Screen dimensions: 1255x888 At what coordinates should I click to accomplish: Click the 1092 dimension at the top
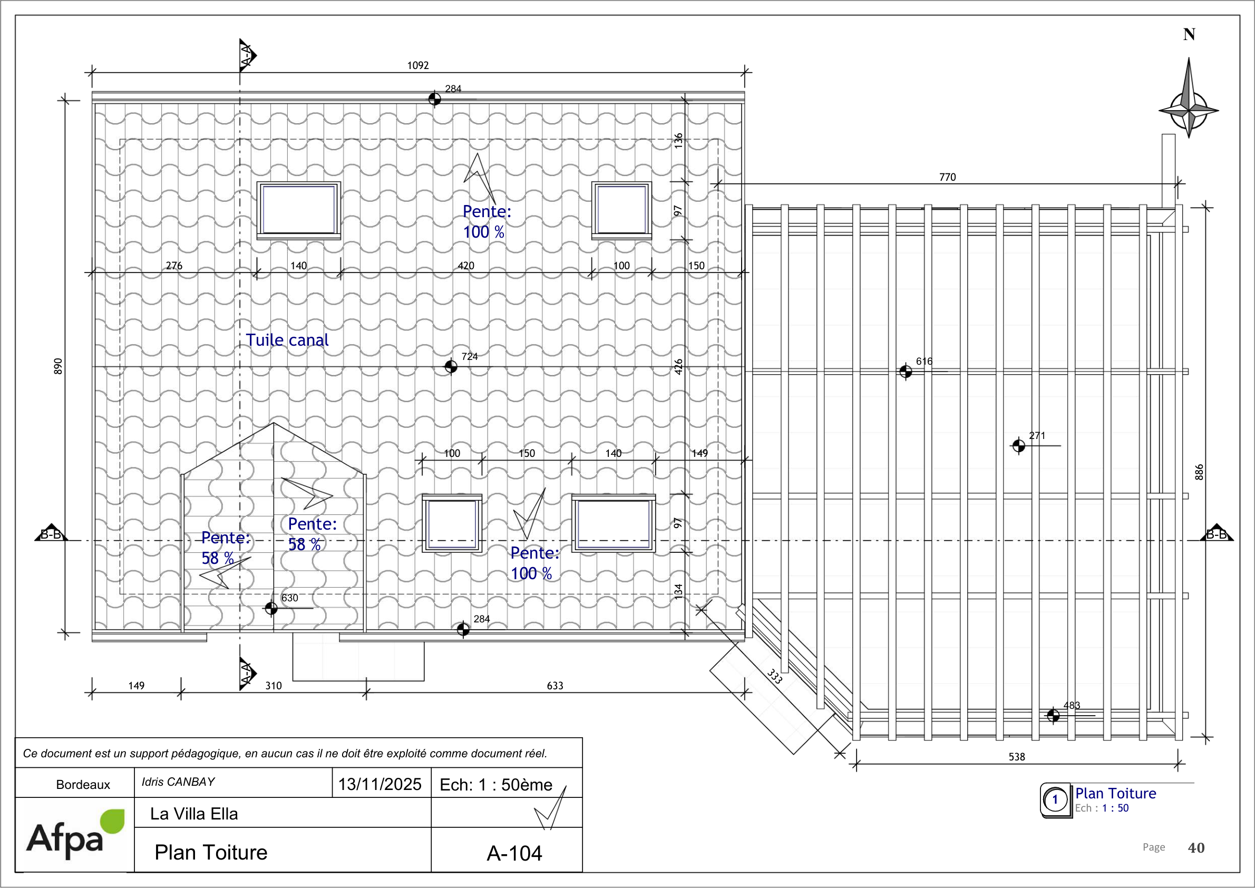point(418,66)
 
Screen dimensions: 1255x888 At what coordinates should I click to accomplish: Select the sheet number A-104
point(514,853)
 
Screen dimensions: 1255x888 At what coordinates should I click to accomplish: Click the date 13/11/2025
point(380,784)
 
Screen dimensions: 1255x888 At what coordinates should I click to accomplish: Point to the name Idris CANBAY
point(178,782)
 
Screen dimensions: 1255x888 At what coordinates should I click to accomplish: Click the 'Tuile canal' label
point(287,340)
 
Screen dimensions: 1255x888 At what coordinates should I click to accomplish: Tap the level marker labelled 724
point(451,366)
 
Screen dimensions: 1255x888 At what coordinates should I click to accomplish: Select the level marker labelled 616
point(906,372)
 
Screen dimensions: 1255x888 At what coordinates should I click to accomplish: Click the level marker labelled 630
point(271,608)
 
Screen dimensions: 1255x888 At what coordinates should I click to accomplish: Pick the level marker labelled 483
point(1053,715)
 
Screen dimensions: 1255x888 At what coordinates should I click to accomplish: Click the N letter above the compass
point(1189,34)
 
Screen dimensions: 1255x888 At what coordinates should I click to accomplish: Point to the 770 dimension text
point(947,177)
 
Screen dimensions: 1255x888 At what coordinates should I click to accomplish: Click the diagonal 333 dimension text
point(774,676)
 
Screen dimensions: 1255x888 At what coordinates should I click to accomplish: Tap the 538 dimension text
point(1017,757)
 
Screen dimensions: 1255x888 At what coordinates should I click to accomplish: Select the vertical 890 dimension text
point(58,366)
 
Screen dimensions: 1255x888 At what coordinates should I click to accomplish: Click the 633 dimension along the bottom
point(554,686)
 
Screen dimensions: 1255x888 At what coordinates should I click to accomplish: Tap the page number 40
point(1196,847)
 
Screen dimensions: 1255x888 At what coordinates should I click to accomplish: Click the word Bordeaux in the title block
point(83,785)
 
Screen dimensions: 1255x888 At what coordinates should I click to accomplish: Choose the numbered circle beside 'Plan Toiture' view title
point(1055,800)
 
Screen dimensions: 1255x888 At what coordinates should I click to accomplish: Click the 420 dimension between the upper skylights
point(466,266)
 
